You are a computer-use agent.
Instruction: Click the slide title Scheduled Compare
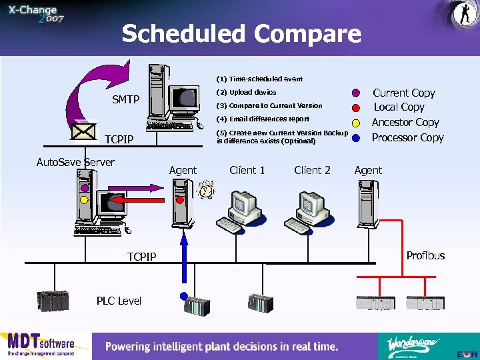point(241,33)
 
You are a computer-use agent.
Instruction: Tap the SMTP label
point(125,99)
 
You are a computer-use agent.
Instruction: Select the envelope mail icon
point(85,130)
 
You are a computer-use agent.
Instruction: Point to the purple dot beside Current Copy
point(357,93)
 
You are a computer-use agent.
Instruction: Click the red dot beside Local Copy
point(357,107)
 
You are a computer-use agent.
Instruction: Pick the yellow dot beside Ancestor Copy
point(357,123)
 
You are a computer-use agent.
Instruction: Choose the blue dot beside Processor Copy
point(357,138)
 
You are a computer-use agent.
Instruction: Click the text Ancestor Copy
point(405,122)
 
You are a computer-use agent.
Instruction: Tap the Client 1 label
point(247,170)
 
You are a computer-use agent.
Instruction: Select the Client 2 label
point(312,170)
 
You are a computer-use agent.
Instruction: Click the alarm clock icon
point(207,190)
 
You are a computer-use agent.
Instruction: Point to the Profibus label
point(425,255)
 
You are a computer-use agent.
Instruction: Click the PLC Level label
point(119,301)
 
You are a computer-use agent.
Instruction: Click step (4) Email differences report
point(263,119)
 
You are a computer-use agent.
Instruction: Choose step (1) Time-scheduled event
point(259,79)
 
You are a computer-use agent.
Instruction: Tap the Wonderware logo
point(413,345)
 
